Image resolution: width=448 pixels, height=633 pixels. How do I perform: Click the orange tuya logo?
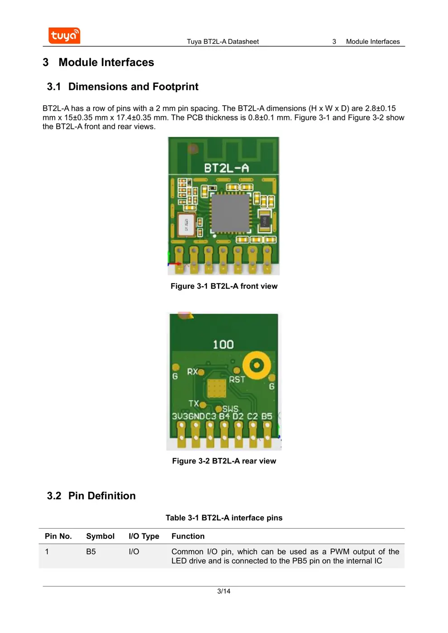[64, 36]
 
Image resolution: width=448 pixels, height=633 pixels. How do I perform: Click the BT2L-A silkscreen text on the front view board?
[226, 168]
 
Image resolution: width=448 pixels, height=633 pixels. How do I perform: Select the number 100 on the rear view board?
[223, 345]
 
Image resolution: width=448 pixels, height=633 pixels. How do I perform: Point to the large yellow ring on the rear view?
[257, 365]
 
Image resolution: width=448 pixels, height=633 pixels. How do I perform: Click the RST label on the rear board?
[237, 380]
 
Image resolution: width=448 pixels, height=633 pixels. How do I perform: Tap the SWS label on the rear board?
[230, 409]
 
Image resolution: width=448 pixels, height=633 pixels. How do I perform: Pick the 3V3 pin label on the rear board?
[179, 416]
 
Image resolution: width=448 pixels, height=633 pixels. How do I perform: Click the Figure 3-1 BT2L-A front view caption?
[224, 286]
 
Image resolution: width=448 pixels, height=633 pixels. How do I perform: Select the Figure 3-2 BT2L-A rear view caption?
[224, 461]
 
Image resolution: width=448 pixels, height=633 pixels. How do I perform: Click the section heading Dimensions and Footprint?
[133, 87]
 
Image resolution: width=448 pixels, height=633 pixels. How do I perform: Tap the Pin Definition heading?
[102, 496]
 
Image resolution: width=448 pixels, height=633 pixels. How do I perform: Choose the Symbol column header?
[100, 536]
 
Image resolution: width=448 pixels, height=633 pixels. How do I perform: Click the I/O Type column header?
[144, 536]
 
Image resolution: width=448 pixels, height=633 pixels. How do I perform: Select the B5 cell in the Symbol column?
[91, 552]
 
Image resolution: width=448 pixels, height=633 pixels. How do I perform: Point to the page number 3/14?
[224, 591]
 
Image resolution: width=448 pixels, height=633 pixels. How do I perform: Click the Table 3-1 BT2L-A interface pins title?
[224, 518]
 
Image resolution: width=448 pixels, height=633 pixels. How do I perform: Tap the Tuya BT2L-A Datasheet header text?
[223, 42]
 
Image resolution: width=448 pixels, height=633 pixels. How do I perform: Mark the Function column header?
[188, 536]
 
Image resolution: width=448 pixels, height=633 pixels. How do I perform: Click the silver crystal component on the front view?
[186, 224]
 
